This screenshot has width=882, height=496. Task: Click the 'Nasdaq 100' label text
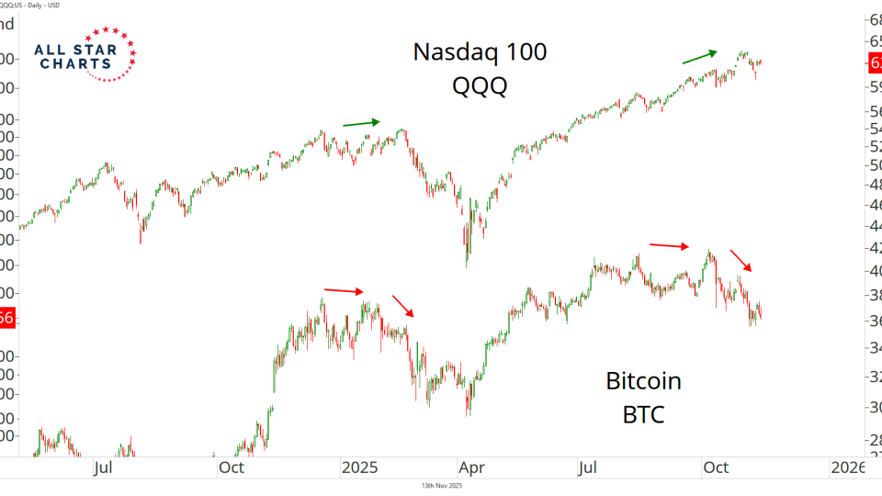(x=480, y=51)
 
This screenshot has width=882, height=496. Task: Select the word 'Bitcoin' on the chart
(x=643, y=380)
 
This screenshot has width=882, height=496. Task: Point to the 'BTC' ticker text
(x=643, y=414)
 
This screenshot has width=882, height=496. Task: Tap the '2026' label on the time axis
(x=847, y=468)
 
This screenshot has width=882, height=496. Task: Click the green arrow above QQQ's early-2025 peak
(x=361, y=122)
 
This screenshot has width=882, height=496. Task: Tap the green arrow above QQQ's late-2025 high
(x=699, y=57)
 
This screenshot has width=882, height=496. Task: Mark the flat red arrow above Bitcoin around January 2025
(x=345, y=291)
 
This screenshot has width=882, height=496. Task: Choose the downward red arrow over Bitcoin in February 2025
(x=403, y=307)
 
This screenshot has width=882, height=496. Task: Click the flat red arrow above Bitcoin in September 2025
(x=669, y=245)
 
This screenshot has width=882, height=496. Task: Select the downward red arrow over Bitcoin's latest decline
(x=741, y=261)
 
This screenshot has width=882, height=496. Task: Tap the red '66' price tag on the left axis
(x=7, y=318)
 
